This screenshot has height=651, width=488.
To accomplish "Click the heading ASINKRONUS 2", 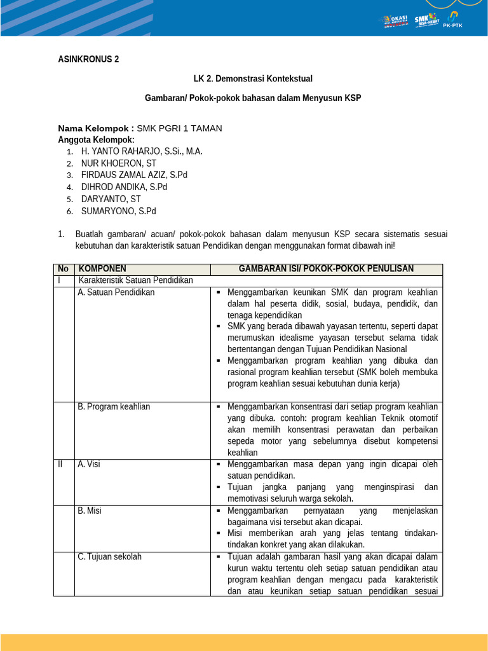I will click(x=88, y=60).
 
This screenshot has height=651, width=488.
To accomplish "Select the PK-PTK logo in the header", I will click(x=454, y=20).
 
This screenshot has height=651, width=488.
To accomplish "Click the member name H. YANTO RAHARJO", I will click(x=142, y=151).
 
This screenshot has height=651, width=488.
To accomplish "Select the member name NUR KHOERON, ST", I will click(x=118, y=163).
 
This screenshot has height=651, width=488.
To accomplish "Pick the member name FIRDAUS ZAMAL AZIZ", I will click(x=134, y=175).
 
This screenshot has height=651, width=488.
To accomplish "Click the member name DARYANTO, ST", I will click(x=111, y=199).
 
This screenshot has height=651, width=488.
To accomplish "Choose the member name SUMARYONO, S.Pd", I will click(x=118, y=211).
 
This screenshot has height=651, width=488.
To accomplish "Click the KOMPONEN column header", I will click(x=102, y=269).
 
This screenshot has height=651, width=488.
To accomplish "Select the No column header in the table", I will click(x=63, y=269).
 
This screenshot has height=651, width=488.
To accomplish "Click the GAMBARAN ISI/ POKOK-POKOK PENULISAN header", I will click(x=326, y=269).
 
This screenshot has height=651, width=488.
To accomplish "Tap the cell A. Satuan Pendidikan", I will click(x=116, y=292).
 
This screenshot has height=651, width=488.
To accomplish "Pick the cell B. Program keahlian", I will click(x=114, y=407).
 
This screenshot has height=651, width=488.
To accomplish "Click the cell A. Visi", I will click(x=89, y=464).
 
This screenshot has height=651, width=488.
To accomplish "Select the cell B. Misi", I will click(x=90, y=511).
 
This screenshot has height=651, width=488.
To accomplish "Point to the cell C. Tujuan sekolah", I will click(x=110, y=557).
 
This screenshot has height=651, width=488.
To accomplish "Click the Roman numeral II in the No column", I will click(x=60, y=464).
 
